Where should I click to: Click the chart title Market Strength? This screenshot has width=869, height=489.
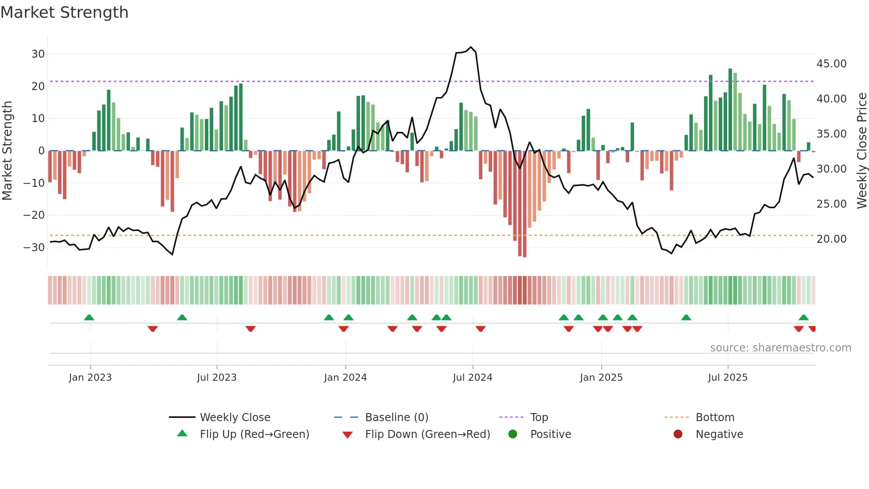point(64,12)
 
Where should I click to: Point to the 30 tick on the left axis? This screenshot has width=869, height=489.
point(38,54)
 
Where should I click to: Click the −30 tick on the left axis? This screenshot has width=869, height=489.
point(34,248)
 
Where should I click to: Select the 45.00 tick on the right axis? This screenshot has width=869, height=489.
point(831,64)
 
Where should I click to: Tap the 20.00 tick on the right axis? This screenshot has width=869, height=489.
point(831,239)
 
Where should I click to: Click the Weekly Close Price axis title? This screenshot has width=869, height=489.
point(861,151)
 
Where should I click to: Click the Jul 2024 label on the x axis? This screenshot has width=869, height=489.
point(472,378)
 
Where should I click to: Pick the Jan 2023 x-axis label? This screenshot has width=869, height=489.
point(90,378)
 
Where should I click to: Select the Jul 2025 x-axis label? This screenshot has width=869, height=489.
point(728,378)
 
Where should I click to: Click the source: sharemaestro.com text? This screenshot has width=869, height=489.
point(780,348)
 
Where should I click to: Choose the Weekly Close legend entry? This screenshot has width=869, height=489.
point(235,418)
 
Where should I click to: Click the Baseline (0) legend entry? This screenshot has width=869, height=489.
point(396,418)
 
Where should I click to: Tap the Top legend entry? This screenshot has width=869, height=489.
point(539,418)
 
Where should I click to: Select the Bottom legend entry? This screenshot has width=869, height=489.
point(715,418)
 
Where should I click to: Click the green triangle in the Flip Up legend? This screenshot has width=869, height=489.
point(182,434)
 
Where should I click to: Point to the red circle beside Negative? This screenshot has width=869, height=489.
point(678,434)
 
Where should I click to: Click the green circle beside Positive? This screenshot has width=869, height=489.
point(513,434)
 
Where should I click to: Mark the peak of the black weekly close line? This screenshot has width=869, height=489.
point(471,47)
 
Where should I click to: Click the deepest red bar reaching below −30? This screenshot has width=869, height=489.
point(525,204)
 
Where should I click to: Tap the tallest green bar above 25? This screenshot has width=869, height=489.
point(730,110)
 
